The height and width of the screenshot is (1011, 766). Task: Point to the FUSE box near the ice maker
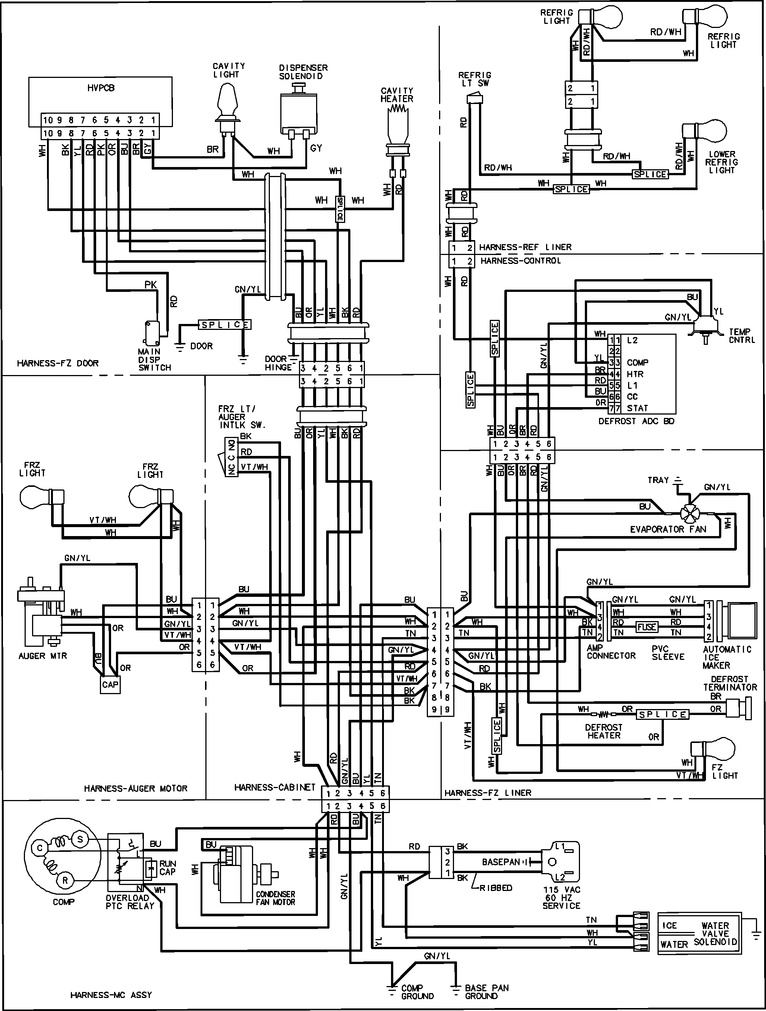tap(647, 627)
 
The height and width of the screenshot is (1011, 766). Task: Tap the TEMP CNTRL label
tap(742, 336)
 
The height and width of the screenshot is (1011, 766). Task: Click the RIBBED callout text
tap(496, 888)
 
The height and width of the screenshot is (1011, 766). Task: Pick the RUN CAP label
tap(167, 867)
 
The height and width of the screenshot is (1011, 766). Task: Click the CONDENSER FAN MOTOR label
tap(275, 898)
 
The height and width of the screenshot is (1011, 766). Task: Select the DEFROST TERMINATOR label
tap(730, 683)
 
